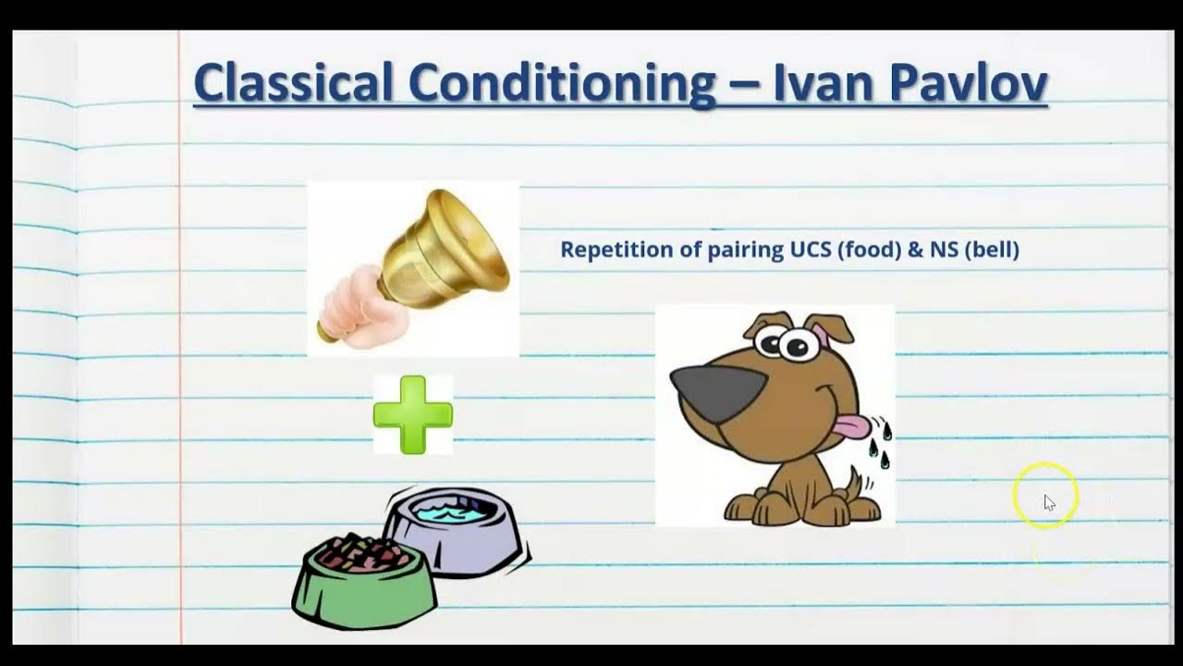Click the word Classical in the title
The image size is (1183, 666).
[294, 83]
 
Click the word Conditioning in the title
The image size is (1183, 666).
[561, 83]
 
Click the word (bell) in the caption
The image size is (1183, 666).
[992, 250]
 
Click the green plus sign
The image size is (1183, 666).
[413, 414]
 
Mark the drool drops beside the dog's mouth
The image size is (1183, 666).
[881, 444]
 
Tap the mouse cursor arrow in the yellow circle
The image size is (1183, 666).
[1049, 502]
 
